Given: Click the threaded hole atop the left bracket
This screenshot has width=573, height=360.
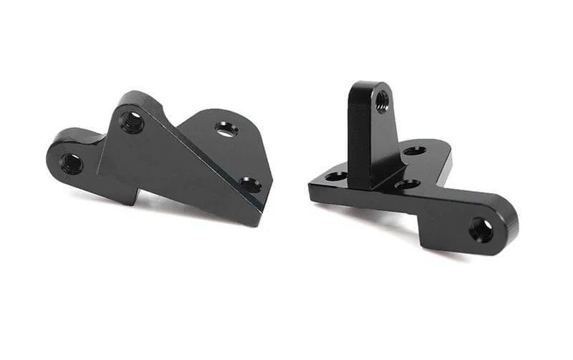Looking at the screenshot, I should [x=132, y=121].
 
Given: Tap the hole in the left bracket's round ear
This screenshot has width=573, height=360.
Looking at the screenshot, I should [x=72, y=163].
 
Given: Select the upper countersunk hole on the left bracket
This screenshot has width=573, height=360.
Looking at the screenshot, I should [x=226, y=129].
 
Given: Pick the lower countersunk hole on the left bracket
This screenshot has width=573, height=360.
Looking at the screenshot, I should [x=250, y=185].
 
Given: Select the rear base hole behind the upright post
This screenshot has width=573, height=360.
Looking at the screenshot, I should [x=413, y=150].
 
